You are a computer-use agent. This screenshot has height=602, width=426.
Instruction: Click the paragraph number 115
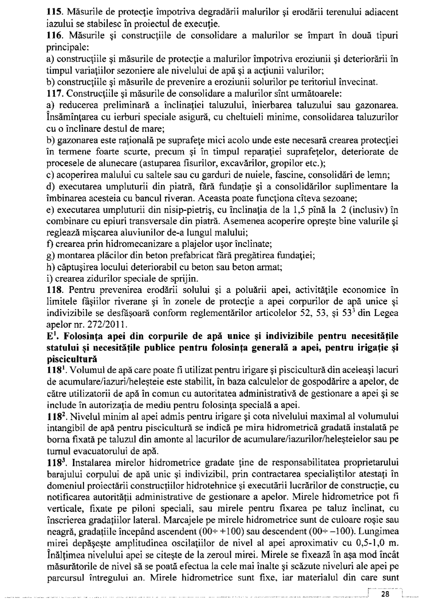[x=53, y=13]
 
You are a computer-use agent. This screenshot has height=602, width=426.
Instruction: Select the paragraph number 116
[x=53, y=36]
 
